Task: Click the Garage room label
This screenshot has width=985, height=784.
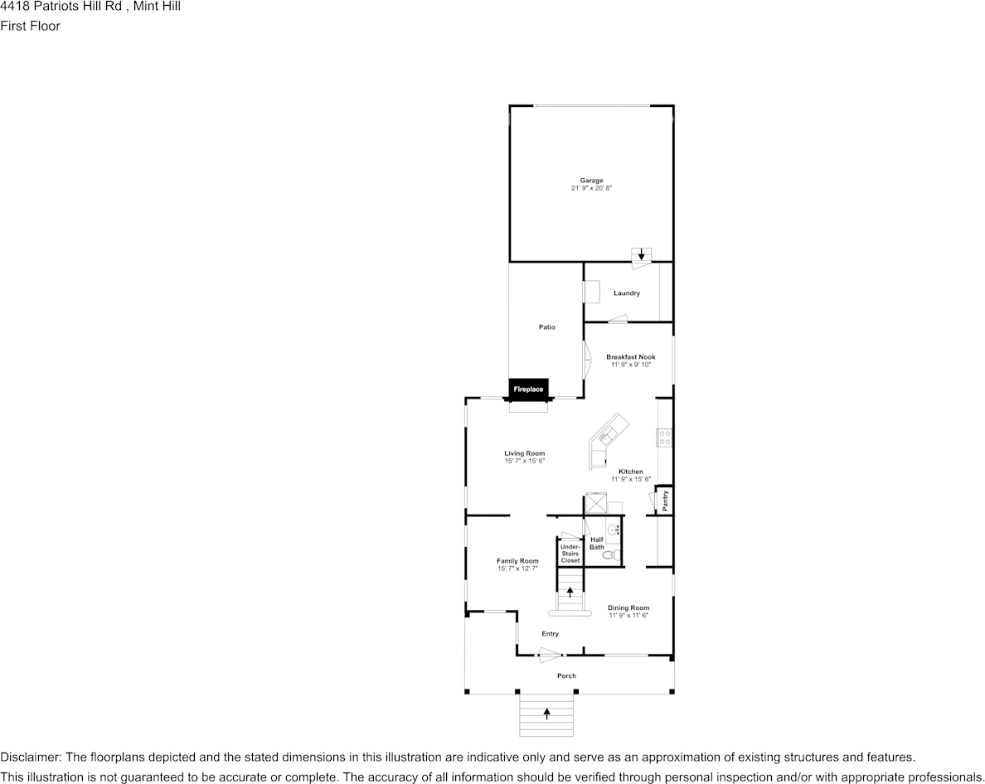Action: (591, 181)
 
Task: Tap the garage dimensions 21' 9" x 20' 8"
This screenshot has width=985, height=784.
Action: (591, 189)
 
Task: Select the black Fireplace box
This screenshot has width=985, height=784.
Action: (528, 389)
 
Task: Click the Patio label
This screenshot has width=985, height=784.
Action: (546, 327)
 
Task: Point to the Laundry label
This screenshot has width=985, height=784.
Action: (627, 293)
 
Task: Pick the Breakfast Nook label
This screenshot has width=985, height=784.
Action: (630, 357)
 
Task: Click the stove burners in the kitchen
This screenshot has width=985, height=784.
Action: (664, 438)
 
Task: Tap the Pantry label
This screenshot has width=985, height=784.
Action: (665, 501)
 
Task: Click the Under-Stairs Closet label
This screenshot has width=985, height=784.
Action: (570, 554)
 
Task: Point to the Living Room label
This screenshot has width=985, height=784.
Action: (525, 453)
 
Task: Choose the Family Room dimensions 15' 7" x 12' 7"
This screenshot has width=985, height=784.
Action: (517, 569)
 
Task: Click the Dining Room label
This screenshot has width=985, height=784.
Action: (628, 607)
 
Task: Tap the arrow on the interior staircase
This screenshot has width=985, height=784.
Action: (570, 592)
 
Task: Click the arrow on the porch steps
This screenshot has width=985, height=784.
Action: (546, 713)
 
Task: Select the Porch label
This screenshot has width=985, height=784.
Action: (566, 675)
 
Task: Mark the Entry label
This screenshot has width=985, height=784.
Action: (551, 634)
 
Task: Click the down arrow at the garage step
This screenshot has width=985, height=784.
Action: (641, 254)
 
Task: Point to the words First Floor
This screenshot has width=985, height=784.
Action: (30, 26)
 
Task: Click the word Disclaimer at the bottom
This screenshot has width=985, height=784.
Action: (29, 757)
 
